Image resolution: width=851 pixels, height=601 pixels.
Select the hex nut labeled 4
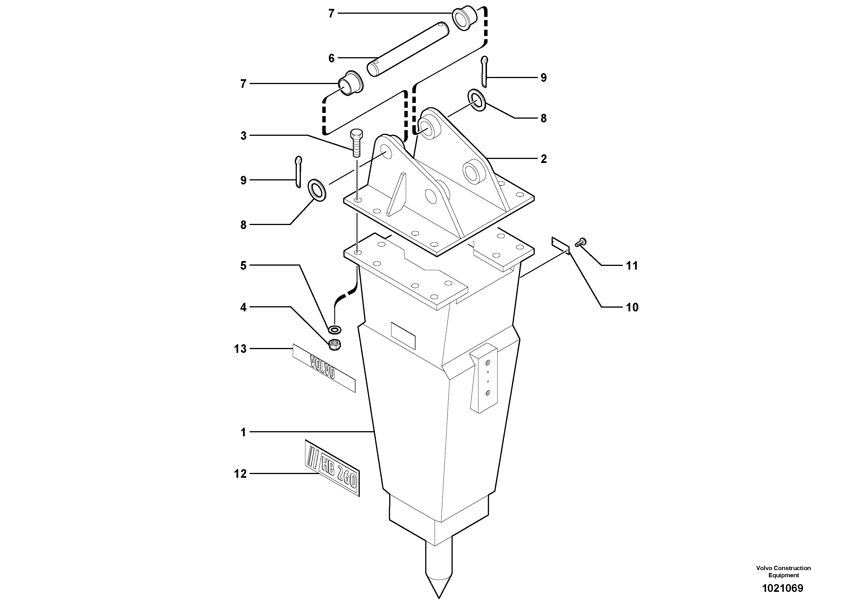(x=335, y=345)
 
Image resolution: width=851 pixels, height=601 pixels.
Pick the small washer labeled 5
(x=335, y=329)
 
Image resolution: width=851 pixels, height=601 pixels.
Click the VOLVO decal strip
(x=324, y=368)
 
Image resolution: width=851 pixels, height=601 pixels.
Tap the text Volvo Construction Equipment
(x=783, y=571)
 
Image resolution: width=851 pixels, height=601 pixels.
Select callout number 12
(x=240, y=473)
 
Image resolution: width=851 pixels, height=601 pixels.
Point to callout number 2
(x=543, y=159)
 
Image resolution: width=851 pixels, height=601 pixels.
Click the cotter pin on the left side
(x=298, y=172)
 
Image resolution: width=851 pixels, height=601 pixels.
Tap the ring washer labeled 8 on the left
(x=317, y=190)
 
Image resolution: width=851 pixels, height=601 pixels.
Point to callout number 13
(x=240, y=349)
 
